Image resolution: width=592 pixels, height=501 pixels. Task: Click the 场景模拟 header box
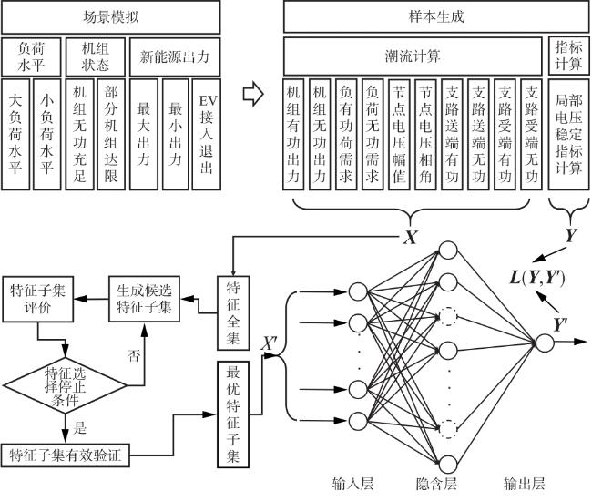coord(110,16)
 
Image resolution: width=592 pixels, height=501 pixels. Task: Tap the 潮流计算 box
coord(413,56)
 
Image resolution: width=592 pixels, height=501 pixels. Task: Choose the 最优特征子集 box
coord(232,414)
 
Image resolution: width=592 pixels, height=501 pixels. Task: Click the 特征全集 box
coord(232,313)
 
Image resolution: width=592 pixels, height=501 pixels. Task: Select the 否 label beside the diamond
coord(134,353)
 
